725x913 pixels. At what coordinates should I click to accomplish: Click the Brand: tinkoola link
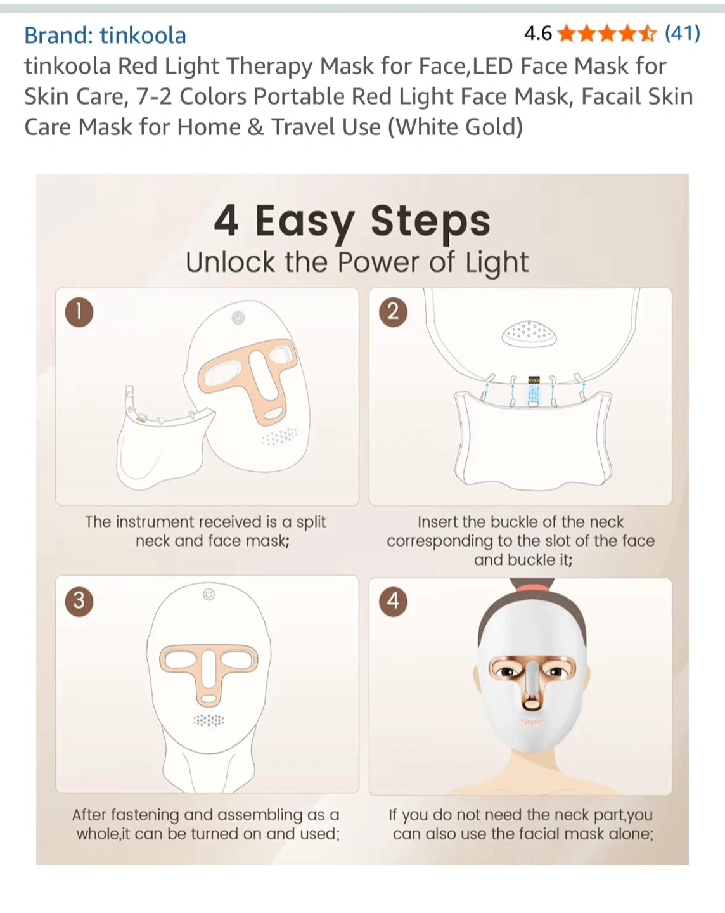105,35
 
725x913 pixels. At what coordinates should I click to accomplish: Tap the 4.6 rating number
538,33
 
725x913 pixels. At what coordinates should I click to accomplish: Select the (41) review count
682,33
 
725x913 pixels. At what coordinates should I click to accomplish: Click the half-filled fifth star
648,33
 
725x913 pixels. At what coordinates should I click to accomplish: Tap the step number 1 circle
79,312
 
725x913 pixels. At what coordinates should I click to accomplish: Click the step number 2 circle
394,312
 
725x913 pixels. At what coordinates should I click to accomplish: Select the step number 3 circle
79,601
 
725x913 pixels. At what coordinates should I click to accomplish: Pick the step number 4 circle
394,601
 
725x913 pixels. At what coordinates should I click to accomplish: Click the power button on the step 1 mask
238,318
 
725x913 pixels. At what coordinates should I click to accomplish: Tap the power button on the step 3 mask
209,594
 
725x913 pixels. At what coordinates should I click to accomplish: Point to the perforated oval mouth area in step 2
529,333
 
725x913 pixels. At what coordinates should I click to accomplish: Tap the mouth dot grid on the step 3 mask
209,720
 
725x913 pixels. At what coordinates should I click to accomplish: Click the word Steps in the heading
430,221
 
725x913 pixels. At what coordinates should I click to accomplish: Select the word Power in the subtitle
378,262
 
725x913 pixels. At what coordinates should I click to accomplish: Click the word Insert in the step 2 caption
438,522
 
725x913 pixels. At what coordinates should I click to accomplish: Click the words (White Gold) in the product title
456,127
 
